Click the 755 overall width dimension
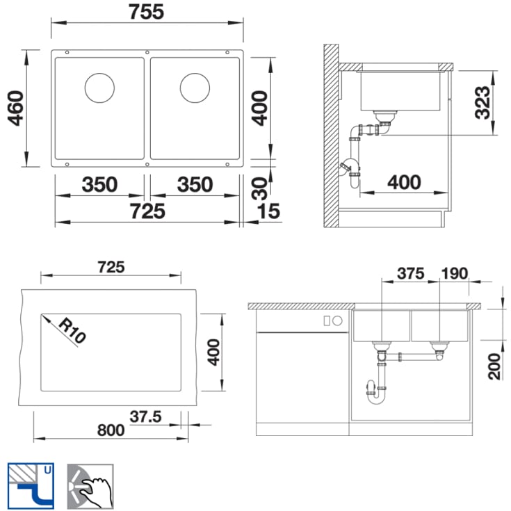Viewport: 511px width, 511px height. (x=146, y=12)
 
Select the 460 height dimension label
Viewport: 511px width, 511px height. (x=16, y=108)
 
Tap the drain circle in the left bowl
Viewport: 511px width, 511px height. (x=99, y=88)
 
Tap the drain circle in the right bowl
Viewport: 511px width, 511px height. (x=195, y=88)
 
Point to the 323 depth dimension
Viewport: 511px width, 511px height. (x=482, y=102)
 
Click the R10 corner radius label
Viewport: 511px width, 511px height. (x=72, y=330)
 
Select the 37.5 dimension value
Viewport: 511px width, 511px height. (x=145, y=416)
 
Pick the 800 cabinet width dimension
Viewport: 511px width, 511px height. (x=111, y=430)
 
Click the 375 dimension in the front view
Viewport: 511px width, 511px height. (x=411, y=273)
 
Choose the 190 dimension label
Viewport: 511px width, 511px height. (x=454, y=273)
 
